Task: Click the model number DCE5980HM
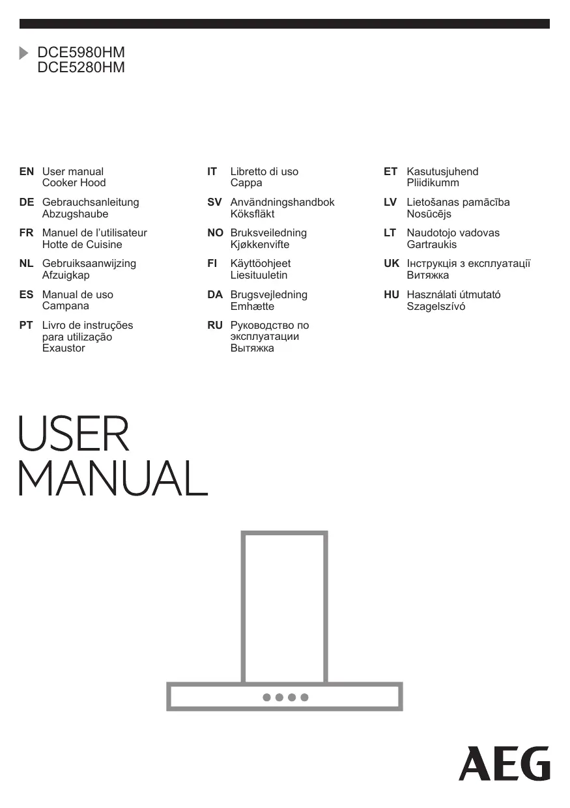click(81, 53)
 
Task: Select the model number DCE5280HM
click(81, 67)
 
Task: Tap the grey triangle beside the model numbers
click(24, 53)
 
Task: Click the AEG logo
click(504, 764)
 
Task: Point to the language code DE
click(27, 202)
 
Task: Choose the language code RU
click(215, 326)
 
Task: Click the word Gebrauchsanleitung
click(91, 202)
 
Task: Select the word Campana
click(66, 306)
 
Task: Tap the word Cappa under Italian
click(246, 183)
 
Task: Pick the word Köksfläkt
click(252, 214)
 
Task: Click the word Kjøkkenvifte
click(260, 245)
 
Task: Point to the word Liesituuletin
click(259, 275)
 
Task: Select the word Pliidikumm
click(433, 183)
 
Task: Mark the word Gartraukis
click(432, 245)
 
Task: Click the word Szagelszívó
click(436, 306)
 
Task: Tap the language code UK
click(392, 264)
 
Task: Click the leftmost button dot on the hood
click(266, 697)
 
